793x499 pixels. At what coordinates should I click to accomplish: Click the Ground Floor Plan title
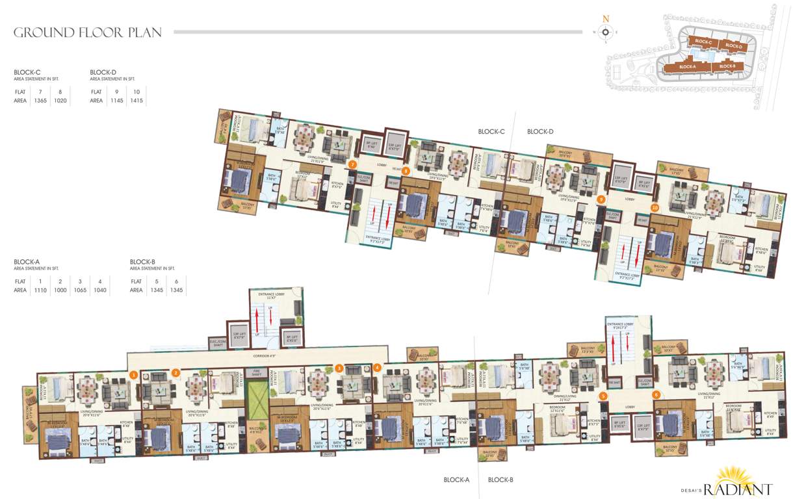tap(88, 32)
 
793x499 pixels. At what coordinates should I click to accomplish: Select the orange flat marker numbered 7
tap(352, 165)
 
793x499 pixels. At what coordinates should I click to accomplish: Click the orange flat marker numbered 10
tap(655, 208)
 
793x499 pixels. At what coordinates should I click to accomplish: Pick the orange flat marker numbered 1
tap(133, 374)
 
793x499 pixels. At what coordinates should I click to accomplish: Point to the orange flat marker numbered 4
tap(377, 368)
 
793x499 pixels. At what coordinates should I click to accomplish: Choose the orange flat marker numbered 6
tap(656, 394)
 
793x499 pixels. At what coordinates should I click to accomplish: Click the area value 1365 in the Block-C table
tap(40, 101)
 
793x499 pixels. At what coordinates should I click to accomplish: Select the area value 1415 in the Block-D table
tap(136, 101)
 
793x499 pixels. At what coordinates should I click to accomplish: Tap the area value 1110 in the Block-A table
tap(40, 290)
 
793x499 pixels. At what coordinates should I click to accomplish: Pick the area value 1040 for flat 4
tap(99, 290)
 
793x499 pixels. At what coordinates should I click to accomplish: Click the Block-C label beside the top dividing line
tap(491, 131)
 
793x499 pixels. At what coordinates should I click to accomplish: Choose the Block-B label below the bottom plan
tap(500, 480)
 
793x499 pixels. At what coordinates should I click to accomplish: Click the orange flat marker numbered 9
tap(601, 199)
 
